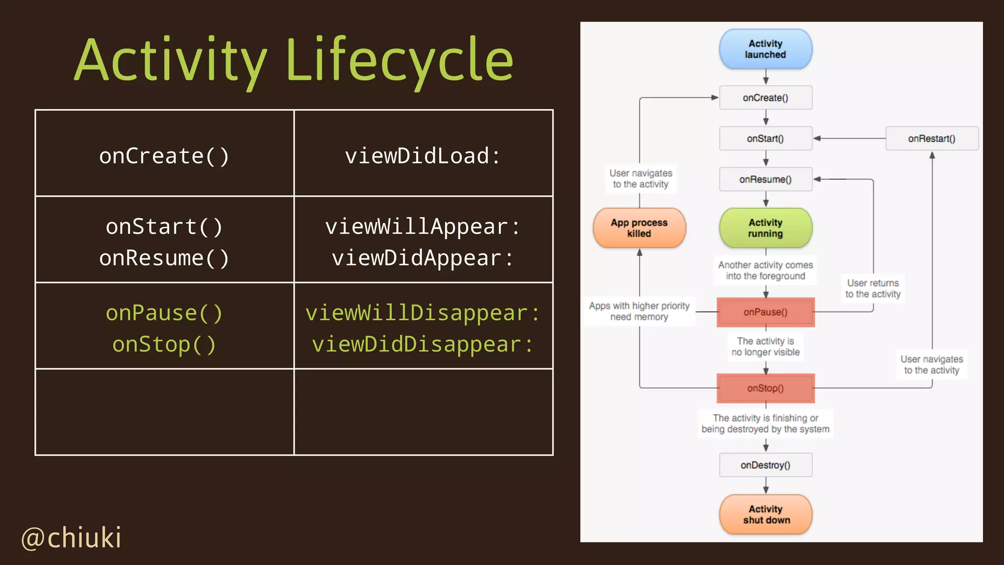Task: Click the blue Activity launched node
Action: (765, 49)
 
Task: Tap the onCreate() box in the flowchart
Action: (765, 98)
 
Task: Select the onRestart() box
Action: (931, 138)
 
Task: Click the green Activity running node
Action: (765, 228)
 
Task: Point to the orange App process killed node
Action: (639, 228)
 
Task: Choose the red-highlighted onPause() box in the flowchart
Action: (765, 312)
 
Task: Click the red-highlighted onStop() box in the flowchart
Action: (765, 388)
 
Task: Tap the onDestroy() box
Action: (765, 465)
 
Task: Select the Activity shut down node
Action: (765, 514)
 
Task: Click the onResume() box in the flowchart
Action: (765, 180)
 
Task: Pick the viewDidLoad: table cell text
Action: (423, 156)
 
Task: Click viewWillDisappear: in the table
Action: (423, 313)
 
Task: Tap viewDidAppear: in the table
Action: (423, 258)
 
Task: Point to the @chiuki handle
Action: (72, 538)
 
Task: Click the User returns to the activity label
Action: (873, 288)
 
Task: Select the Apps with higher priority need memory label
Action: (639, 311)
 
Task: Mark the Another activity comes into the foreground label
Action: (765, 270)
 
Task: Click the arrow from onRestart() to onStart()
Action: (849, 138)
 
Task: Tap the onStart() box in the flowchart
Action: (765, 138)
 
